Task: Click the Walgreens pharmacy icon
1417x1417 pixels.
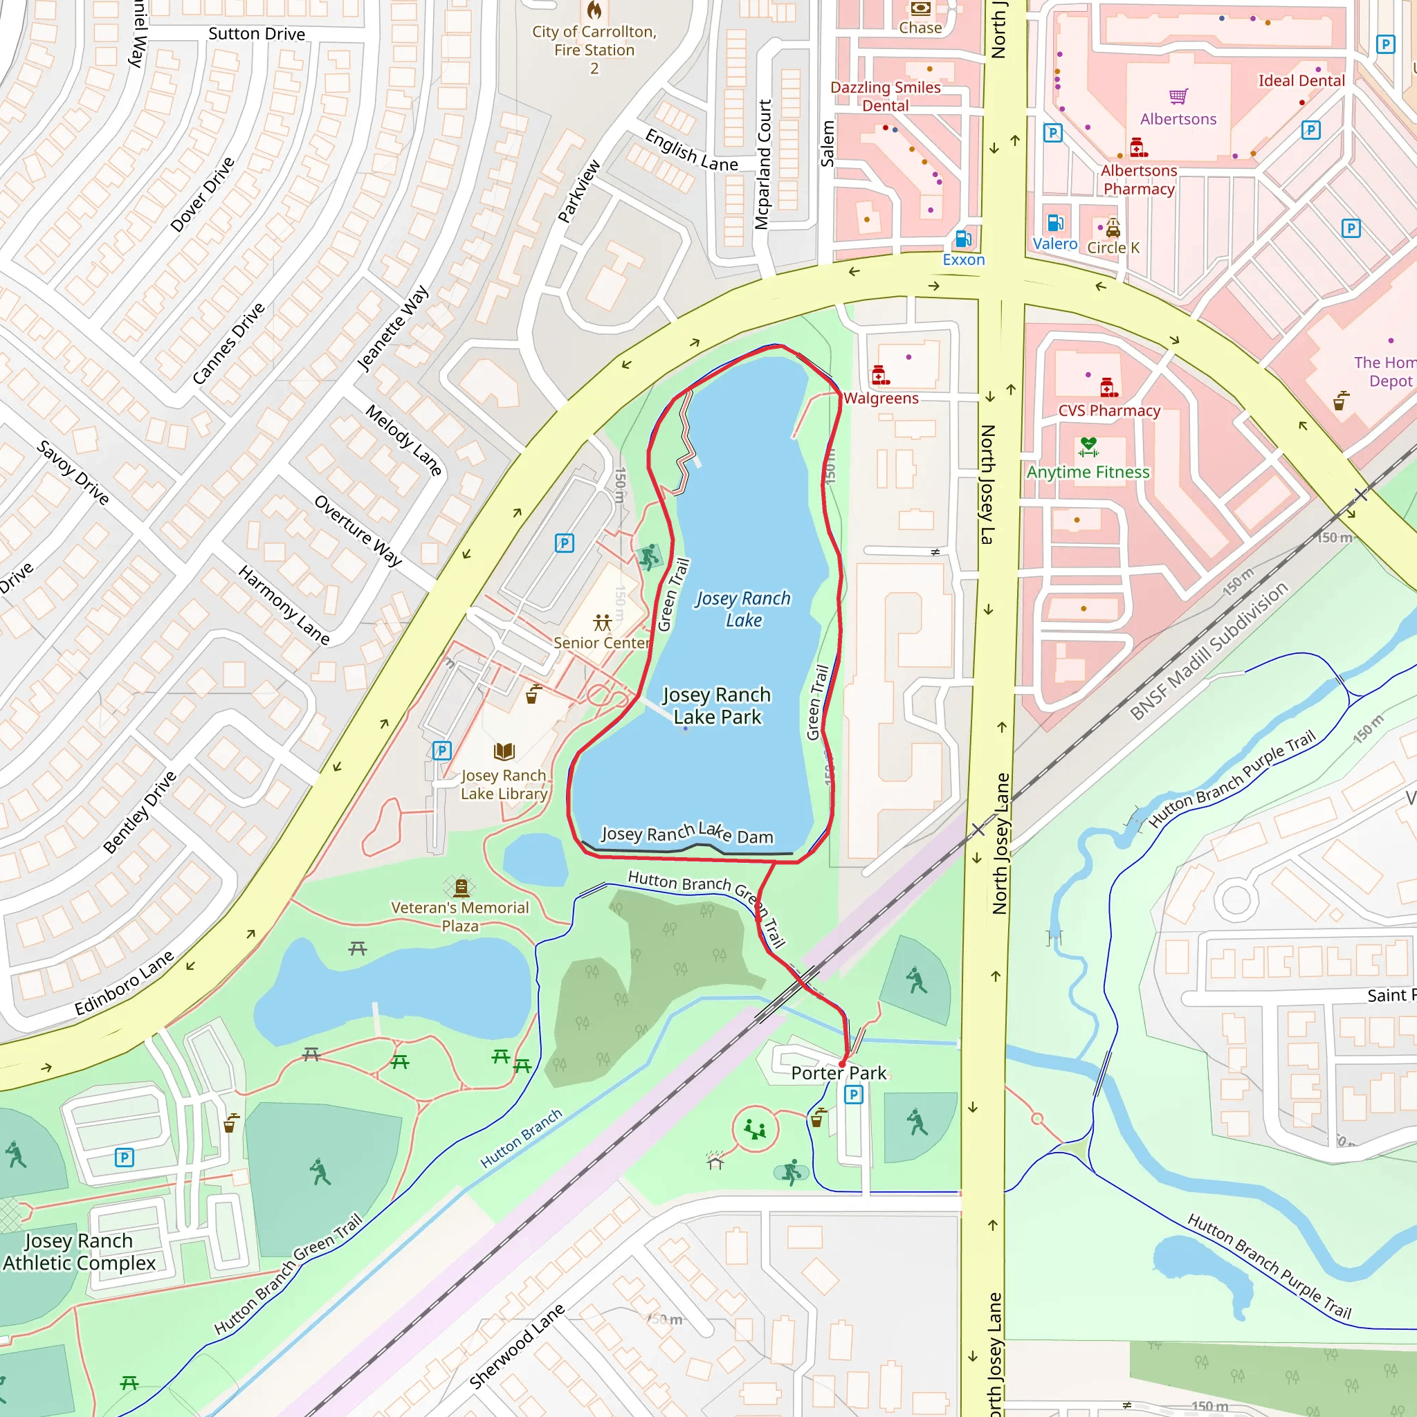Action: [880, 376]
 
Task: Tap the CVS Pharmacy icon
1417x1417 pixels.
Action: [1108, 387]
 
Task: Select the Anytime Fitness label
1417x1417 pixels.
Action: [1088, 473]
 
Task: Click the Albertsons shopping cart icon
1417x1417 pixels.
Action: [1178, 97]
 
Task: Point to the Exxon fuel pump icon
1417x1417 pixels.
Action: [963, 239]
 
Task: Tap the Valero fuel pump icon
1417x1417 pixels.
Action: [1054, 222]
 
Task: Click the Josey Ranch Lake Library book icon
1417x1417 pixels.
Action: [504, 751]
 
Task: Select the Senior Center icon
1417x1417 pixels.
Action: [602, 623]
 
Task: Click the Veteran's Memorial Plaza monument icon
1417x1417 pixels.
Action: [461, 888]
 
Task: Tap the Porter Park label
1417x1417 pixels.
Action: [839, 1073]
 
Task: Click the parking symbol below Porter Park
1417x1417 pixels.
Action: [854, 1095]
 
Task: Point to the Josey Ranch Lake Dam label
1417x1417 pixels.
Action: [687, 834]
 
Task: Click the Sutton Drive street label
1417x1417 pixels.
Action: [257, 34]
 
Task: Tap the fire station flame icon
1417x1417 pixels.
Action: [595, 10]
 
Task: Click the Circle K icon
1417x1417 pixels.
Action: [1113, 228]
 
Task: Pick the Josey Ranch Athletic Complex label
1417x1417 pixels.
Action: [79, 1252]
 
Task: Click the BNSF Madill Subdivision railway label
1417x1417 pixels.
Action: [1208, 651]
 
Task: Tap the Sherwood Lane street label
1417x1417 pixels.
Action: [516, 1346]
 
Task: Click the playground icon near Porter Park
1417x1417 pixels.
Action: [755, 1128]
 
